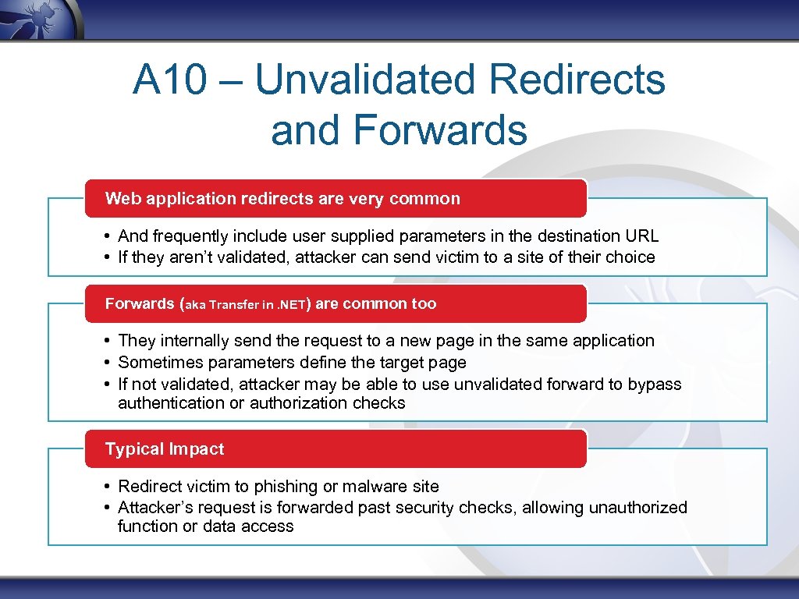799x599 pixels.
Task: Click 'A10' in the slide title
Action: tap(164, 80)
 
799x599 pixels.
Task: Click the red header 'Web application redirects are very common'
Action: tap(282, 199)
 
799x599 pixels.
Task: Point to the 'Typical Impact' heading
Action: tap(165, 449)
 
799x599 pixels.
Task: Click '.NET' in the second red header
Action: tap(293, 305)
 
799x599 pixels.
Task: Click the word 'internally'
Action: tap(193, 341)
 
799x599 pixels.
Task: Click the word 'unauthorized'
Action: tap(638, 508)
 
